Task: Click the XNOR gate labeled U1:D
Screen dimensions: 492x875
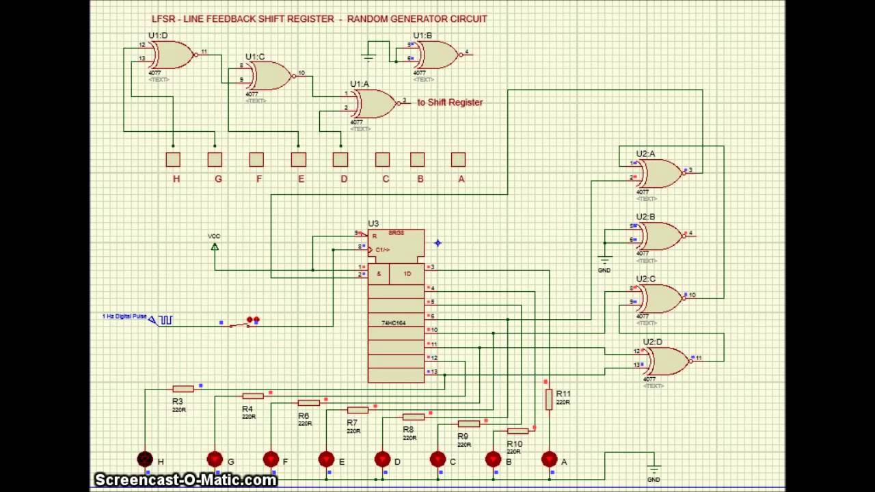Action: pyautogui.click(x=172, y=55)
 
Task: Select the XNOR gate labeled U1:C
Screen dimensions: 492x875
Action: pyautogui.click(x=269, y=75)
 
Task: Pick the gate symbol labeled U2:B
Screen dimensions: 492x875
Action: pyautogui.click(x=660, y=236)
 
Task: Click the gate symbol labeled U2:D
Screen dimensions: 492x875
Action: pyautogui.click(x=667, y=361)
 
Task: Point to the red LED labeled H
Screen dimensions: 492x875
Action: pyautogui.click(x=145, y=460)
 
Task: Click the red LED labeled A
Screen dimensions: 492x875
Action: pyautogui.click(x=549, y=460)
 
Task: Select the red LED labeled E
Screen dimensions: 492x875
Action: pyautogui.click(x=326, y=460)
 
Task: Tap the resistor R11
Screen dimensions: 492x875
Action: pyautogui.click(x=548, y=400)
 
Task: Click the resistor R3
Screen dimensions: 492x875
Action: pyautogui.click(x=183, y=389)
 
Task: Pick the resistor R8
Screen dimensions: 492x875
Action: pyautogui.click(x=413, y=417)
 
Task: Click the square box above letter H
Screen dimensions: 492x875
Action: pyautogui.click(x=173, y=159)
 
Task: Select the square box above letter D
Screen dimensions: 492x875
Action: pyautogui.click(x=340, y=159)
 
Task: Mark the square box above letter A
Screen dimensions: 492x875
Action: pyautogui.click(x=458, y=159)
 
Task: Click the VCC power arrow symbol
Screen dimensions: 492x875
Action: pyautogui.click(x=215, y=246)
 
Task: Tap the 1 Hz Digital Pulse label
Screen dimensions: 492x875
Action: pyautogui.click(x=124, y=316)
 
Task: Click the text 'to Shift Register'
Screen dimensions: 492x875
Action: pyautogui.click(x=450, y=102)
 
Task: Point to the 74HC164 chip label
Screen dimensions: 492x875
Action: pyautogui.click(x=394, y=323)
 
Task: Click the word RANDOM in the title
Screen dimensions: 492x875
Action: pyautogui.click(x=368, y=19)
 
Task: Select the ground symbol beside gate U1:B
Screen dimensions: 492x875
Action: pyautogui.click(x=368, y=57)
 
